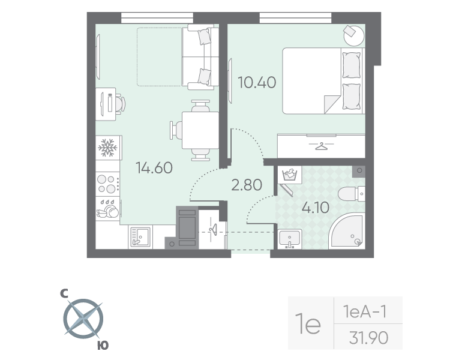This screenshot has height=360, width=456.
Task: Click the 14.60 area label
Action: pyautogui.click(x=154, y=168)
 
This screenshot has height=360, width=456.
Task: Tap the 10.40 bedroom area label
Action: pyautogui.click(x=257, y=82)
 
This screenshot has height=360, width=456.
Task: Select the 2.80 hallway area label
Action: pyautogui.click(x=247, y=185)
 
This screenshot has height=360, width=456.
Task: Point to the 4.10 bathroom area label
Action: pyautogui.click(x=315, y=208)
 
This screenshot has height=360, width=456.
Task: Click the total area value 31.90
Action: pyautogui.click(x=368, y=338)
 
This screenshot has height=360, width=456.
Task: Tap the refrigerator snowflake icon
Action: pyautogui.click(x=107, y=147)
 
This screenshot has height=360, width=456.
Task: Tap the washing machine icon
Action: pyautogui.click(x=290, y=176)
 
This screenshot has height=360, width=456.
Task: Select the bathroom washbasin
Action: pyautogui.click(x=291, y=238)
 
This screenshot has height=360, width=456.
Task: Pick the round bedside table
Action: pyautogui.click(x=353, y=35)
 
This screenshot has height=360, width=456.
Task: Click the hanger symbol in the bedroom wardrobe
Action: pyautogui.click(x=322, y=146)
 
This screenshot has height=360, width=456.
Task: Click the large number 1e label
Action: pyautogui.click(x=310, y=325)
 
